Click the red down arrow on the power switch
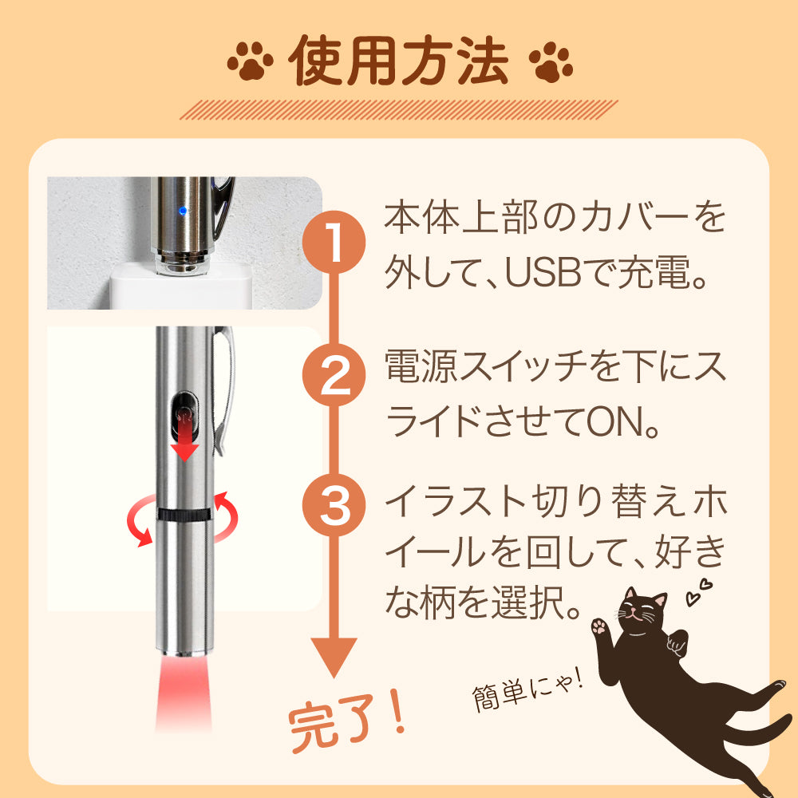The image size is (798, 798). tap(186, 440)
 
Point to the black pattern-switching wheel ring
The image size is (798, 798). tap(186, 516)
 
